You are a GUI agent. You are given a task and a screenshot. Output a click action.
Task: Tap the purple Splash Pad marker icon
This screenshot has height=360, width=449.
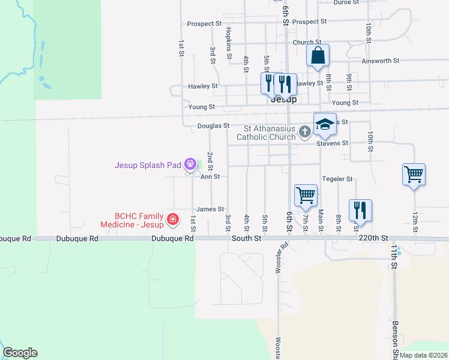[190, 163]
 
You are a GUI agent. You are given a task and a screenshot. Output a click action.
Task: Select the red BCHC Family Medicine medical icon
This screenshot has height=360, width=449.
[173, 220]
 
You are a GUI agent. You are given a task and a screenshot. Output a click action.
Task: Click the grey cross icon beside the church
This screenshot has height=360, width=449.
[305, 131]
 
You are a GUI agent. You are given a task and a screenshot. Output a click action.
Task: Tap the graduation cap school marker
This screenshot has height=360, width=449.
[325, 124]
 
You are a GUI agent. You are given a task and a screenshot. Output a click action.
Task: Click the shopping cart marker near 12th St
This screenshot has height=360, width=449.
[414, 175]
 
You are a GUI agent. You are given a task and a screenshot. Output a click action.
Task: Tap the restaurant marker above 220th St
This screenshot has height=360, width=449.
[360, 210]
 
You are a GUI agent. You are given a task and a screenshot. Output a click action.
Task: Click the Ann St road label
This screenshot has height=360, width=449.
[210, 177]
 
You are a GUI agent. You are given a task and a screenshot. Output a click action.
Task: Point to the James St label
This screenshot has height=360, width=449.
[210, 209]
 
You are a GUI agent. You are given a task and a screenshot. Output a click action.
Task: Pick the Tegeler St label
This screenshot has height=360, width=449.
[337, 179]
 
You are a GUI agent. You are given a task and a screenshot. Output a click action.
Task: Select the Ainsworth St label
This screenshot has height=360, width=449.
[381, 61]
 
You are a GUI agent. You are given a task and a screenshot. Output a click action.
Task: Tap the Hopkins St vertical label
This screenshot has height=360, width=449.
[229, 42]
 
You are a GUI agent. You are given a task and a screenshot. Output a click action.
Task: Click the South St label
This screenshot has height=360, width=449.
[247, 238]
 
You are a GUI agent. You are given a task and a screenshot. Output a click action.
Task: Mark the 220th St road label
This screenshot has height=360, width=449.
[373, 238]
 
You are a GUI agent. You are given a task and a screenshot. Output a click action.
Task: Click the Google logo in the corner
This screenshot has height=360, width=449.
[20, 353]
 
